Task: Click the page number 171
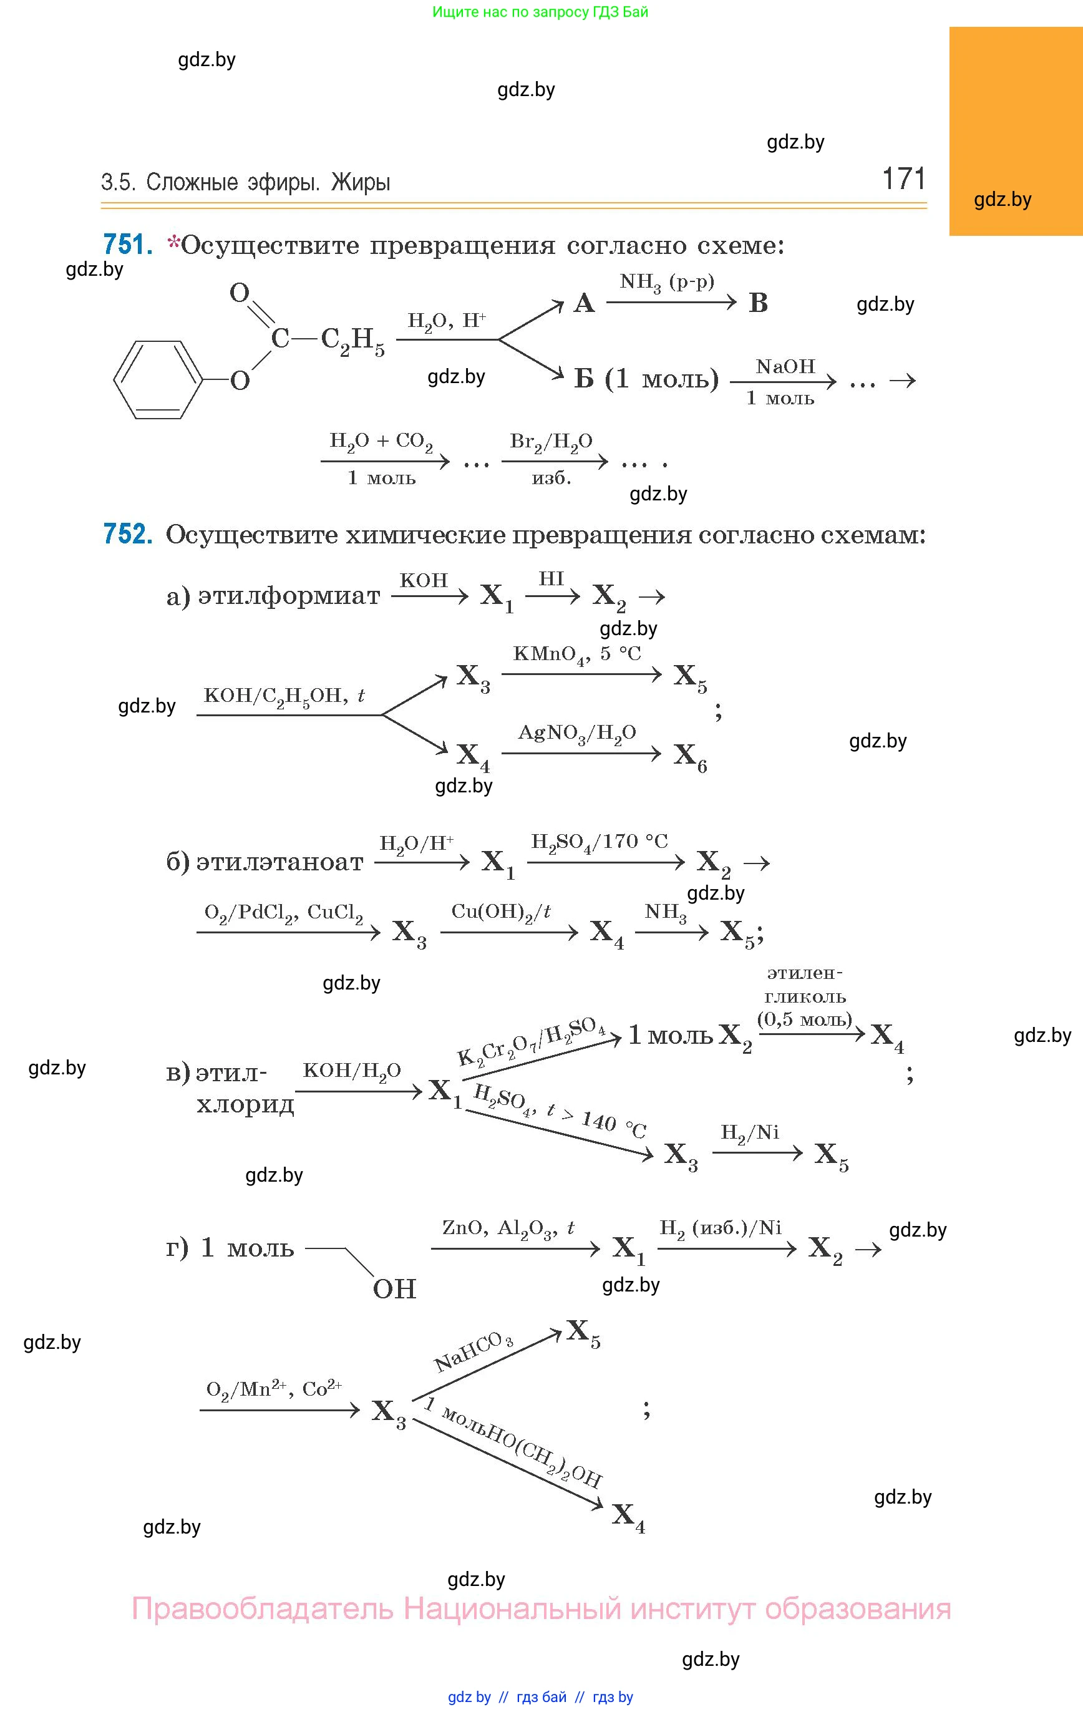tap(903, 178)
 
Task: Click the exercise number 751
tap(127, 244)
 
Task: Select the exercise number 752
tap(127, 533)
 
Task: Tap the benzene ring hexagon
tap(158, 380)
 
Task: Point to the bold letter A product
tap(584, 304)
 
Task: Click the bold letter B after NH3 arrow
tap(758, 304)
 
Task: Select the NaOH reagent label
tap(785, 367)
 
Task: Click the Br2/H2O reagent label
tap(551, 442)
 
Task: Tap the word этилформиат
tap(289, 595)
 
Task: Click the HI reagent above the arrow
tap(551, 579)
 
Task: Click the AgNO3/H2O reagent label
tap(576, 733)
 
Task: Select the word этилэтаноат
tap(279, 862)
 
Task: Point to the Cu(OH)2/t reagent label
tap(502, 912)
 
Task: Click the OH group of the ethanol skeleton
tap(394, 1288)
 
